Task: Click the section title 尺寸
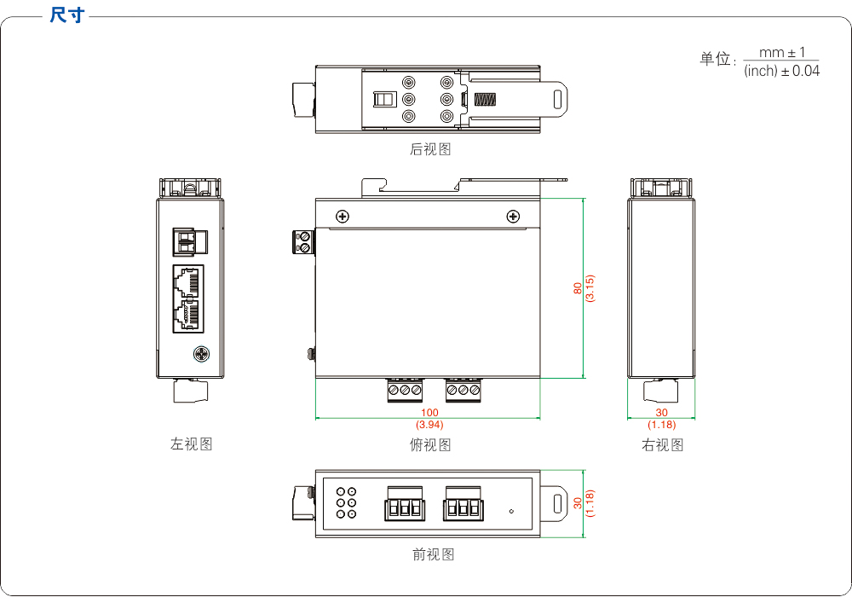coord(66,15)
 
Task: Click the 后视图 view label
coord(430,149)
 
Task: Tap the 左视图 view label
coord(191,444)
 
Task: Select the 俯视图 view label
coord(430,444)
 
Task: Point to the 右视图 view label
coord(662,444)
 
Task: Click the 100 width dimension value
coord(429,413)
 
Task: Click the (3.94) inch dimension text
coord(429,424)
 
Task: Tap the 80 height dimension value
coord(577,288)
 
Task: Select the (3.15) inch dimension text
coord(590,288)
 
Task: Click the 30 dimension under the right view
coord(662,413)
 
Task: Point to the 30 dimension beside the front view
coord(577,503)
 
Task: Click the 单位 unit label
coord(716,59)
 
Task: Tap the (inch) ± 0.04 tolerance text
coord(781,72)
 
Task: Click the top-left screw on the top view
coord(343,217)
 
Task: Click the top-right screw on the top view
coord(513,217)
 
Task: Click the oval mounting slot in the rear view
coord(557,99)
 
